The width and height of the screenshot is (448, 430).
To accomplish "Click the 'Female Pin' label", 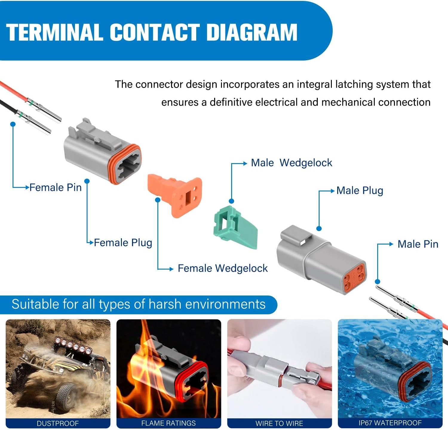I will pyautogui.click(x=56, y=187).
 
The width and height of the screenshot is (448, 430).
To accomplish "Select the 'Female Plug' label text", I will pyautogui.click(x=123, y=242).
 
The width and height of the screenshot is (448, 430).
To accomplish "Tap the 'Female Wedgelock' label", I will pyautogui.click(x=223, y=268).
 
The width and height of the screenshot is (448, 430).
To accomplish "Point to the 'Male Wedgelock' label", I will pyautogui.click(x=291, y=163).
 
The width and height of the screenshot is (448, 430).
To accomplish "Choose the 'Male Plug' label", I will pyautogui.click(x=360, y=191).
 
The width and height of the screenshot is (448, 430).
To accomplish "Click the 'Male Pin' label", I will pyautogui.click(x=418, y=244).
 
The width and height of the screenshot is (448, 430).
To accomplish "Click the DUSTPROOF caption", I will pyautogui.click(x=58, y=423).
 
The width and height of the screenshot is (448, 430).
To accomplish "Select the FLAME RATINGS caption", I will pyautogui.click(x=168, y=423).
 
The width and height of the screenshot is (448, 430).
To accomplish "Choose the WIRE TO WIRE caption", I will pyautogui.click(x=279, y=423).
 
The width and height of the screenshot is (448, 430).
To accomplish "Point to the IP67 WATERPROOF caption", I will pyautogui.click(x=390, y=423).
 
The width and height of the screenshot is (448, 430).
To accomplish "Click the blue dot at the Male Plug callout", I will pyautogui.click(x=319, y=228).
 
